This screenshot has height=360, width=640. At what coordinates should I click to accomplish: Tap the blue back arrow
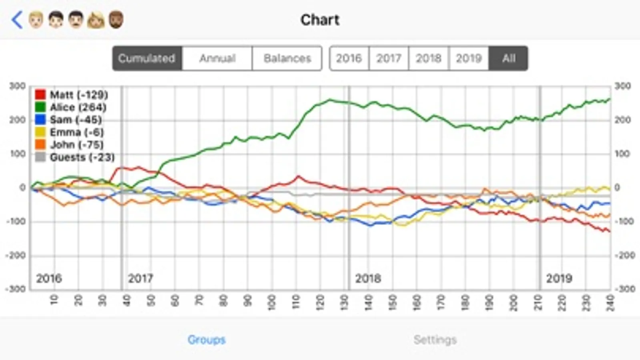17,20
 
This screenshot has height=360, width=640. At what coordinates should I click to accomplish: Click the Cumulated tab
147,58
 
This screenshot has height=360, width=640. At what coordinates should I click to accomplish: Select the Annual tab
217,58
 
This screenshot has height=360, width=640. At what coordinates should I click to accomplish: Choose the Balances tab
287,58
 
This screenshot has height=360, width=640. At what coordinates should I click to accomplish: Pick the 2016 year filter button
349,58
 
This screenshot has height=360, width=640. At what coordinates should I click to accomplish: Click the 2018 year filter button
429,58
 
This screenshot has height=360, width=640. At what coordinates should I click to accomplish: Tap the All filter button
508,58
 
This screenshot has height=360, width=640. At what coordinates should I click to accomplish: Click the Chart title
320,20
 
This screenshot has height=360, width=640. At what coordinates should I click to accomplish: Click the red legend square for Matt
40,95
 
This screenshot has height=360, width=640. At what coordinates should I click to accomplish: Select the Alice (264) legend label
78,107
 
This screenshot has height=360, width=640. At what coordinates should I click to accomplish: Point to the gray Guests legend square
40,157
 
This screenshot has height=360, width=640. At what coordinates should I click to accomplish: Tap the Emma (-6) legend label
76,132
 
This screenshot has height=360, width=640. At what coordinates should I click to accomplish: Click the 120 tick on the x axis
320,301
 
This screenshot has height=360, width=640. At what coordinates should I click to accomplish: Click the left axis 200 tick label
18,120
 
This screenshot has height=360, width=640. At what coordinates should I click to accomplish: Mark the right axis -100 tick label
624,221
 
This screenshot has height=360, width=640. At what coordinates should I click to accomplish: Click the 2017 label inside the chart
140,278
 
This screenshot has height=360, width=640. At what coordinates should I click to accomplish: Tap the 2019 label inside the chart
559,278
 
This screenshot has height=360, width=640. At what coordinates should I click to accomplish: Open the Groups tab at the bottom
207,340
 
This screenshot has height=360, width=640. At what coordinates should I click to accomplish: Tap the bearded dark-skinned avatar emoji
116,20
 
